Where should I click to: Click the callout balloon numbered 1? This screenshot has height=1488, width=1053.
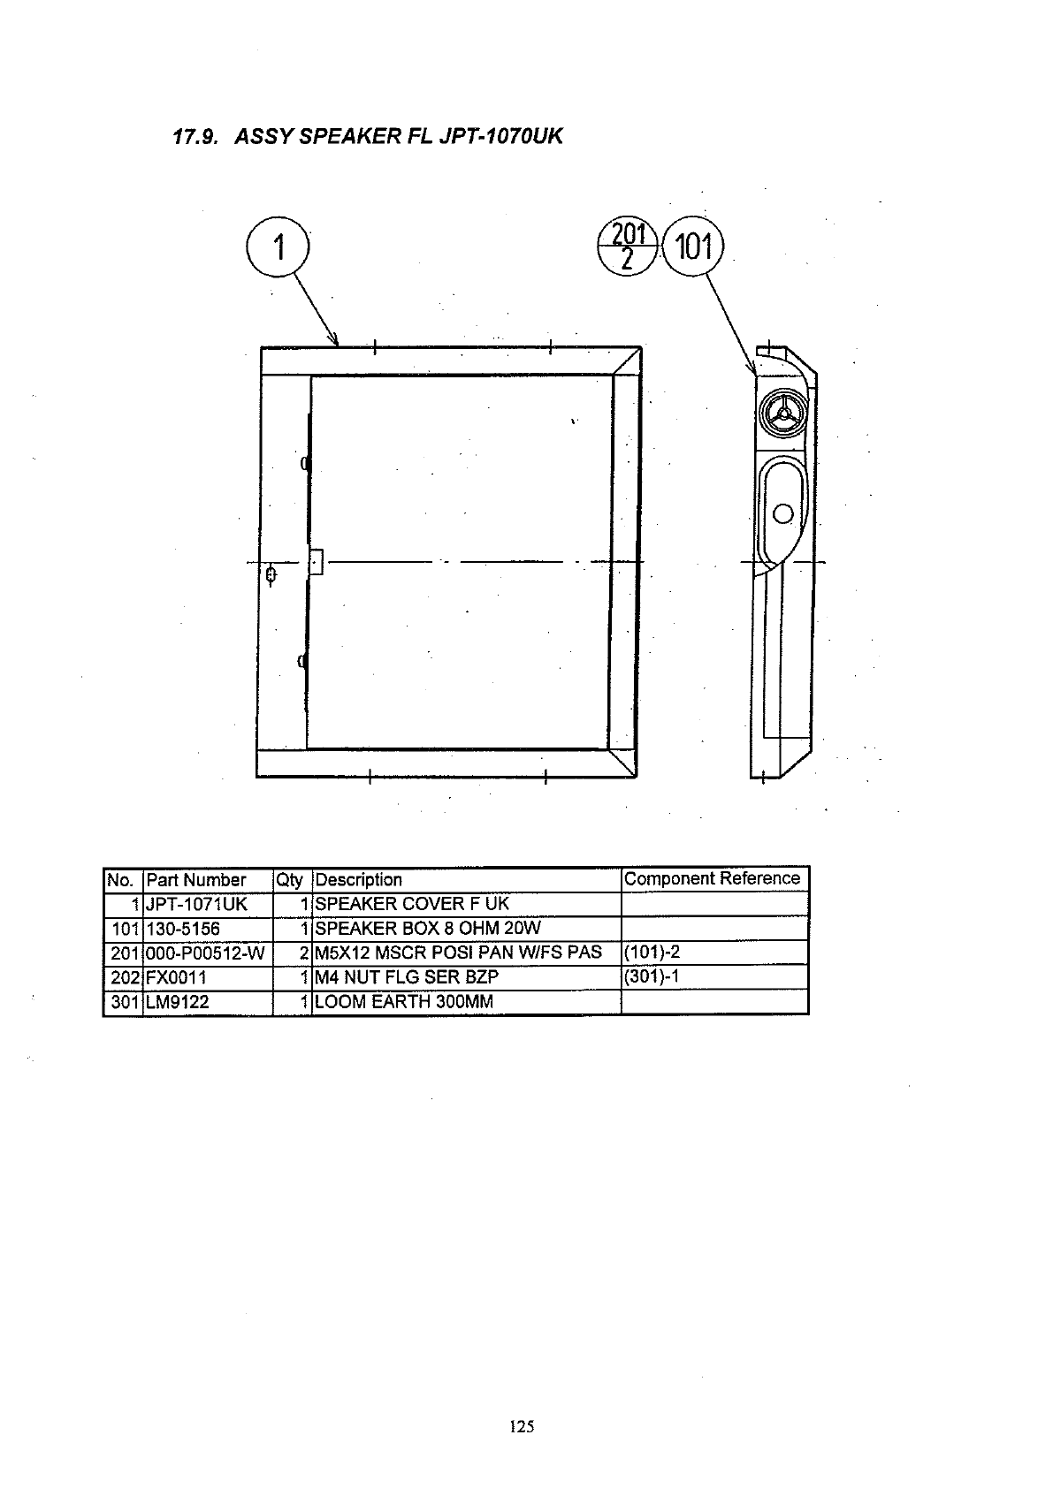(x=278, y=247)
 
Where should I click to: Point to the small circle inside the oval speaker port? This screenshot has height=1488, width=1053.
(x=783, y=513)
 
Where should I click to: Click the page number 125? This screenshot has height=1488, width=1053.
(x=522, y=1425)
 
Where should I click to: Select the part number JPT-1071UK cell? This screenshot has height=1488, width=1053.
(x=197, y=904)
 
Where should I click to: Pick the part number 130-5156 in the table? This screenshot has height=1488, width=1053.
(x=183, y=929)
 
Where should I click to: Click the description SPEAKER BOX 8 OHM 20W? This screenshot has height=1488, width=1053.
(x=428, y=929)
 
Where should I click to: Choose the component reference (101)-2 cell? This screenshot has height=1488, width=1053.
(x=652, y=953)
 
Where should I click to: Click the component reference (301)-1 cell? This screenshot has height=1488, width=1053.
(x=652, y=976)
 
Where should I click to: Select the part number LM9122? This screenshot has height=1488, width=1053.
(x=178, y=1002)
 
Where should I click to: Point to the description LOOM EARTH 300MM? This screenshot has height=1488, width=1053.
(x=404, y=1002)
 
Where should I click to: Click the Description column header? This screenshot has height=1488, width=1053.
(x=358, y=880)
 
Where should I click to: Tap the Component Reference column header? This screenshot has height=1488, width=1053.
(x=712, y=878)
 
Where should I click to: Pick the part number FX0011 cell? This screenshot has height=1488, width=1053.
(x=176, y=977)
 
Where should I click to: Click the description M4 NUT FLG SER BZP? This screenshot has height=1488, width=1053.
(x=407, y=977)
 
